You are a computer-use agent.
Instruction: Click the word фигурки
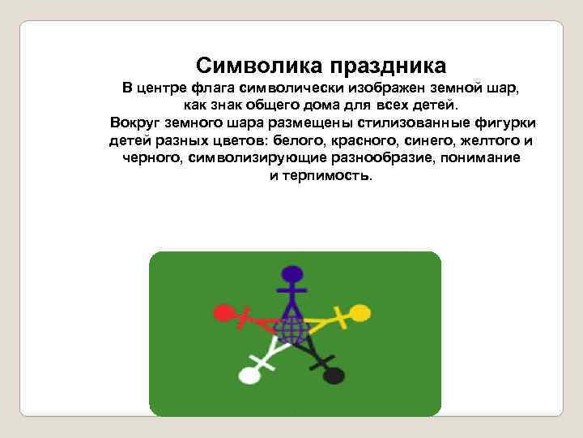pyautogui.click(x=506, y=123)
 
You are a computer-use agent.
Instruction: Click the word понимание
pyautogui.click(x=482, y=158)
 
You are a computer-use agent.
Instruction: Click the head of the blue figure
pyautogui.click(x=291, y=273)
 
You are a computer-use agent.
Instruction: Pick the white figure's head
pyautogui.click(x=249, y=376)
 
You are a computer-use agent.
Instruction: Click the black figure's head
pyautogui.click(x=334, y=376)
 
